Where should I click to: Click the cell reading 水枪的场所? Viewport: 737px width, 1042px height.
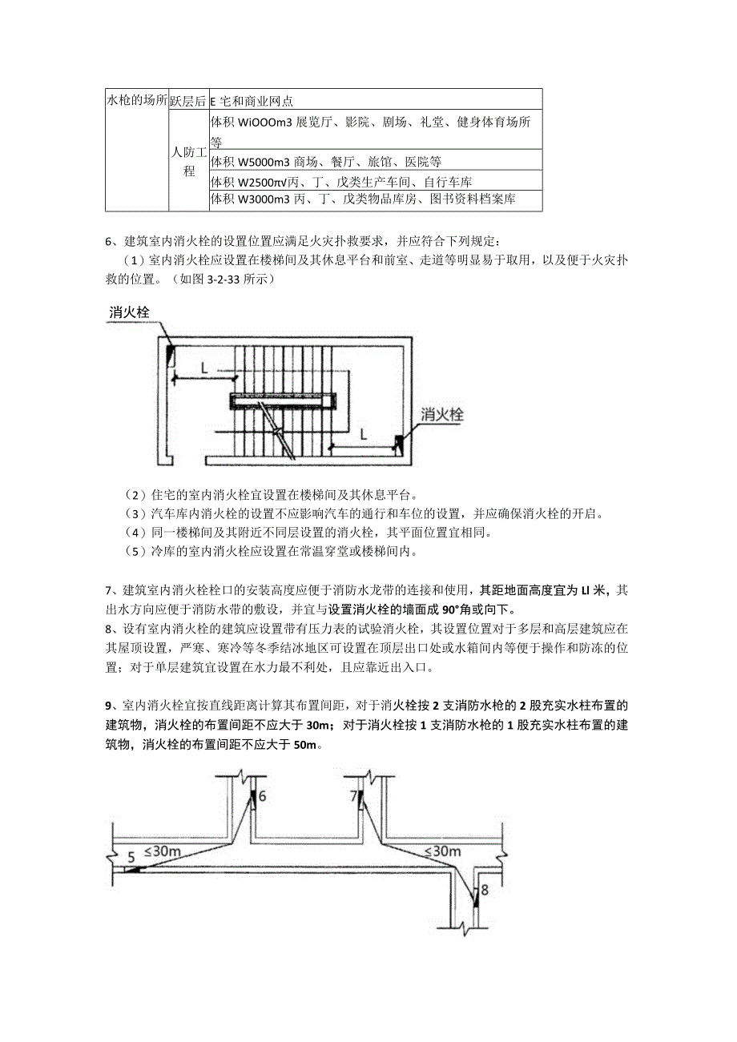coord(137,101)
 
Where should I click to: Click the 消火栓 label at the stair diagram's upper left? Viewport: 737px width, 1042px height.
coord(130,312)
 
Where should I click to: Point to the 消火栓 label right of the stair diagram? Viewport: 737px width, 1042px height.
coord(443,415)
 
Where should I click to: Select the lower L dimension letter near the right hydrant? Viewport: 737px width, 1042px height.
coord(363,434)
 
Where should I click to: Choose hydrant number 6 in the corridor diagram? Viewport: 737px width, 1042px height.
coord(261,796)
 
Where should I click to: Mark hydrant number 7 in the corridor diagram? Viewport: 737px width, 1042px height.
coord(353,796)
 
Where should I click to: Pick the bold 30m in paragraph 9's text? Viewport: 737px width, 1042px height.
coord(319,726)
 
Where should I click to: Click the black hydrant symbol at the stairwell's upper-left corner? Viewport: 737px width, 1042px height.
coord(171,353)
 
